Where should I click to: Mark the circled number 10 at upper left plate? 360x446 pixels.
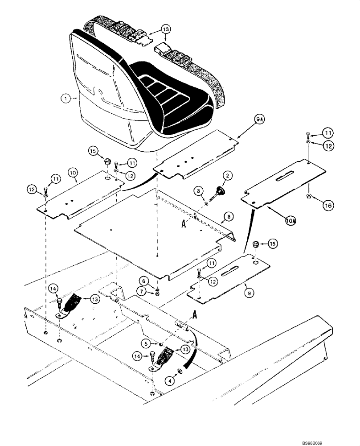(74, 171)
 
